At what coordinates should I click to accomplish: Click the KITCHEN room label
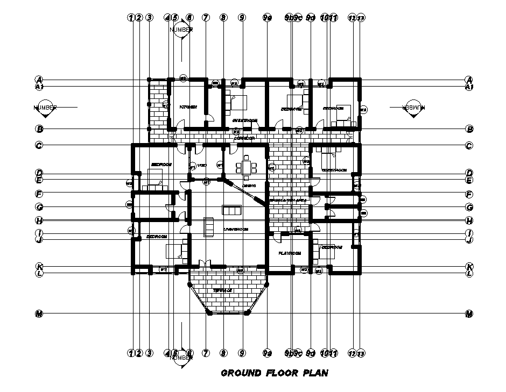pyautogui.click(x=188, y=107)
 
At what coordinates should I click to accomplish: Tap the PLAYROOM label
pyautogui.click(x=289, y=253)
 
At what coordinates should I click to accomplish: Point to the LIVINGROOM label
pyautogui.click(x=235, y=229)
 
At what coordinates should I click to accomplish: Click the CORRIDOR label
pyautogui.click(x=244, y=138)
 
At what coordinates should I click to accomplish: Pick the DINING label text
pyautogui.click(x=248, y=186)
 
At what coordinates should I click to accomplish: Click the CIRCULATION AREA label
pyautogui.click(x=288, y=200)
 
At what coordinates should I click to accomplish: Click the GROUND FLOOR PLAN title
pyautogui.click(x=275, y=373)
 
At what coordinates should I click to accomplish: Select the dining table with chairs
pyautogui.click(x=248, y=166)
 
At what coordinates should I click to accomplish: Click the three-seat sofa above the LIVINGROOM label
pyautogui.click(x=232, y=210)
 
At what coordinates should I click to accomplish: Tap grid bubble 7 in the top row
pyautogui.click(x=206, y=17)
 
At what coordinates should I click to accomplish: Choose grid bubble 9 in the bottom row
pyautogui.click(x=242, y=353)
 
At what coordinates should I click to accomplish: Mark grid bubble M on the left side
pyautogui.click(x=39, y=313)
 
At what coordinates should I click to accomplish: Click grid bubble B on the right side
pyautogui.click(x=469, y=129)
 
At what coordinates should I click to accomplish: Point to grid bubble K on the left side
pyautogui.click(x=39, y=267)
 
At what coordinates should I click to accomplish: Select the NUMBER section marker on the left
pyautogui.click(x=45, y=107)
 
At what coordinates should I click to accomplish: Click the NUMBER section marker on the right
pyautogui.click(x=412, y=107)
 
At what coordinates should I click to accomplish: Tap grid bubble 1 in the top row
pyautogui.click(x=130, y=17)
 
